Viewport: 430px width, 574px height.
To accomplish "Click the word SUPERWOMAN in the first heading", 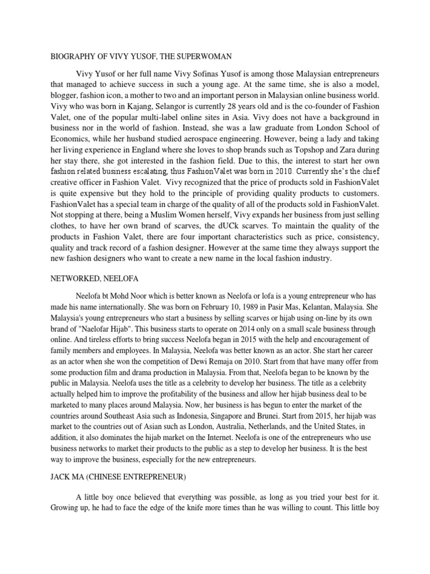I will click(204, 56).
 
